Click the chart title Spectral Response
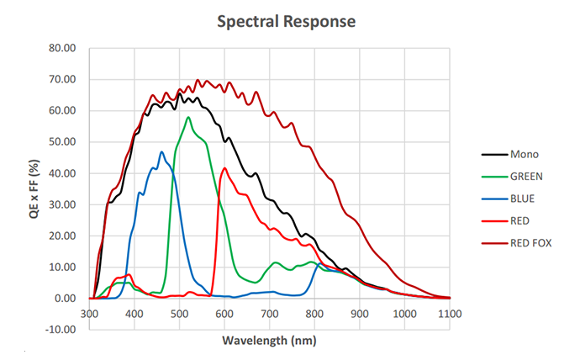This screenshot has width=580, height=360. (286, 22)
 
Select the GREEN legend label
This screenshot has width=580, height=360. (526, 177)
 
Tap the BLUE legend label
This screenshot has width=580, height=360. (522, 199)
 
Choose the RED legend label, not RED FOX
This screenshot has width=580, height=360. (519, 221)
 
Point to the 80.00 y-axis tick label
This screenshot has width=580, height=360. (62, 48)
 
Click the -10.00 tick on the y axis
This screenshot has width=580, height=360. (61, 329)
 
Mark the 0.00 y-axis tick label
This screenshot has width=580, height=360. (65, 299)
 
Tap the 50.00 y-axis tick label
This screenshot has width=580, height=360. (62, 141)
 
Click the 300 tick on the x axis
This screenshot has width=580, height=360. (89, 314)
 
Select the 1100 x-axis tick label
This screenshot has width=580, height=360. (450, 314)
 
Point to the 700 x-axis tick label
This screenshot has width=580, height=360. (269, 314)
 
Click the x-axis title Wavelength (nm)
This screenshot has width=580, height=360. (269, 341)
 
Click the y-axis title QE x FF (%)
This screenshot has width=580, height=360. (34, 188)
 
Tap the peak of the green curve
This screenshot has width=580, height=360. (188, 117)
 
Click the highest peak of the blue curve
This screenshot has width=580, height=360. (161, 151)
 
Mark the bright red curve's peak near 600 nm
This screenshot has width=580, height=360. (224, 168)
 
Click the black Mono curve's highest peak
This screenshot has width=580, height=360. (179, 93)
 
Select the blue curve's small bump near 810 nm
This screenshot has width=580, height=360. (319, 263)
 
